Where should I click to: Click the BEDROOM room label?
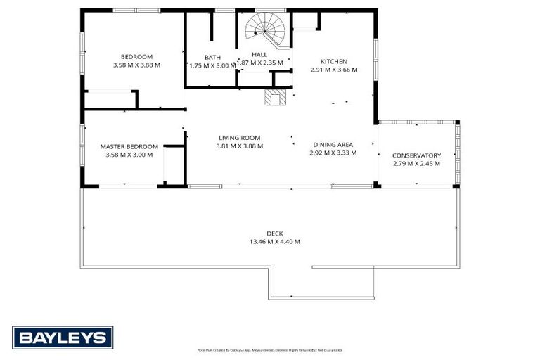(136, 57)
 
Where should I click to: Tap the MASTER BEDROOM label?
(129, 147)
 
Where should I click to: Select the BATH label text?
(212, 58)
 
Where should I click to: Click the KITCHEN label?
(334, 62)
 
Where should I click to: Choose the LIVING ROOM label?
(239, 138)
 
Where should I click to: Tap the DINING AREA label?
(333, 144)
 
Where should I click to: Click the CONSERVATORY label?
(416, 155)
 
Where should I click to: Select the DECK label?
(274, 233)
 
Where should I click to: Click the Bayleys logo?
(63, 337)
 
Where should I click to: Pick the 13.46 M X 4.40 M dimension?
(274, 242)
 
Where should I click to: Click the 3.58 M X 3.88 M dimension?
(136, 65)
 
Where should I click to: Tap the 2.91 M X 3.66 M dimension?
(334, 70)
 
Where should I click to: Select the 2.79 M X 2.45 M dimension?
(416, 164)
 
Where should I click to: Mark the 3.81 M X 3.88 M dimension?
(239, 146)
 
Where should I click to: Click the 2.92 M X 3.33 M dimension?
(333, 153)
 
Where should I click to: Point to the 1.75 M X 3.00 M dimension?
(212, 65)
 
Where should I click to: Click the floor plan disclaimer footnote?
(270, 349)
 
